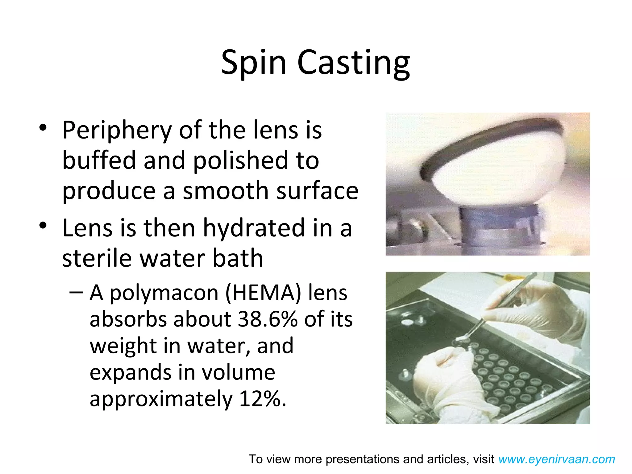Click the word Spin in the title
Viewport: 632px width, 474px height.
click(x=254, y=63)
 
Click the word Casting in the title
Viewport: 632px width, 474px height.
click(x=354, y=63)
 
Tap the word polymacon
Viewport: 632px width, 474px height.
click(x=164, y=293)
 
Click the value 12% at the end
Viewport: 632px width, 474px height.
click(x=260, y=399)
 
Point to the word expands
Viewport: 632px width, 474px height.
click(x=130, y=373)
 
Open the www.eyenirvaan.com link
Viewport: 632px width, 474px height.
click(x=556, y=459)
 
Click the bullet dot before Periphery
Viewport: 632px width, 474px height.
click(x=43, y=127)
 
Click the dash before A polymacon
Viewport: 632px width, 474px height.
click(x=76, y=292)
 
